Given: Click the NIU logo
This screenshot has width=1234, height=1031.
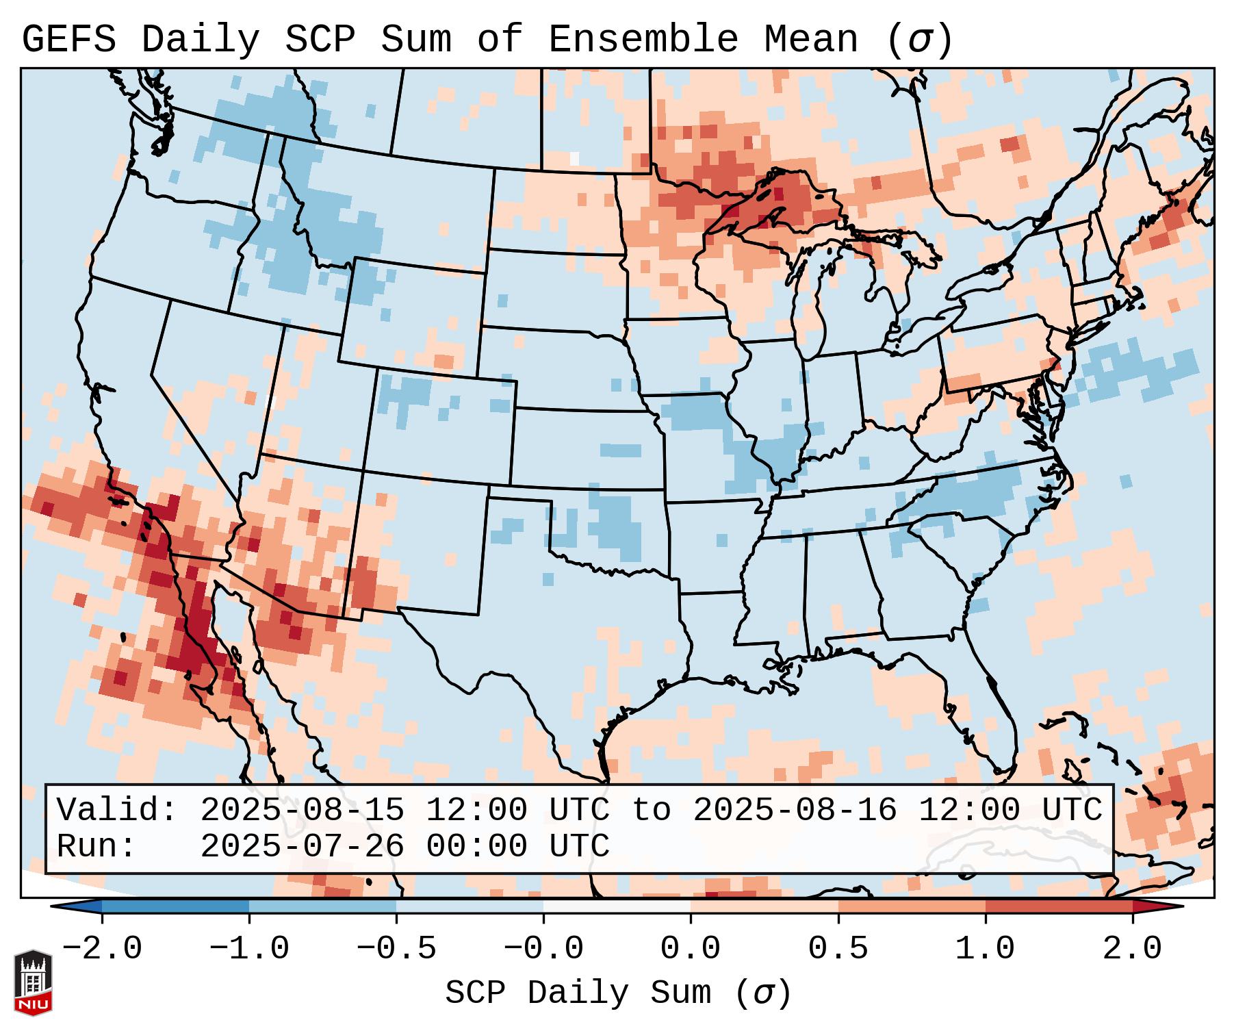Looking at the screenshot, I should [33, 982].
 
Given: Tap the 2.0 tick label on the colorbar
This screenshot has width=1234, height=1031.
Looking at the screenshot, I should [1132, 949].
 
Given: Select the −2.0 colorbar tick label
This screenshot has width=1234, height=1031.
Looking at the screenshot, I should [102, 949].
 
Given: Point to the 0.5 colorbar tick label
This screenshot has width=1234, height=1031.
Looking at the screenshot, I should [838, 949].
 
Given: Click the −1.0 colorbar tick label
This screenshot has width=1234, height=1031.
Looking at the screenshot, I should [248, 949].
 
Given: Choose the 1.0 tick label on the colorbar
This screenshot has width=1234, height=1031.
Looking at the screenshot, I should [985, 949].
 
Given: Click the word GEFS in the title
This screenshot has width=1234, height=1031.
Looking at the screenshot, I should [68, 40].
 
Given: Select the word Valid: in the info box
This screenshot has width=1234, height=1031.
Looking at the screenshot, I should [117, 810].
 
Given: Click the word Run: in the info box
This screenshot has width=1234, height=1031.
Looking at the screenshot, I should [97, 846].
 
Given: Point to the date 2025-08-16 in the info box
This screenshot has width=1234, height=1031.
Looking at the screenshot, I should [795, 810].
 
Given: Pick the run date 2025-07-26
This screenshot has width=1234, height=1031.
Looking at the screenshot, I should [303, 846].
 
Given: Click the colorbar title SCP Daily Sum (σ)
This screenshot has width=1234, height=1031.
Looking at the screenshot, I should [618, 993].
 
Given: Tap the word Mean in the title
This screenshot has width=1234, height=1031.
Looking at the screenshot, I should [810, 40].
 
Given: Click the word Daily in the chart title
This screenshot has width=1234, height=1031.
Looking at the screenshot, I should [200, 40].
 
